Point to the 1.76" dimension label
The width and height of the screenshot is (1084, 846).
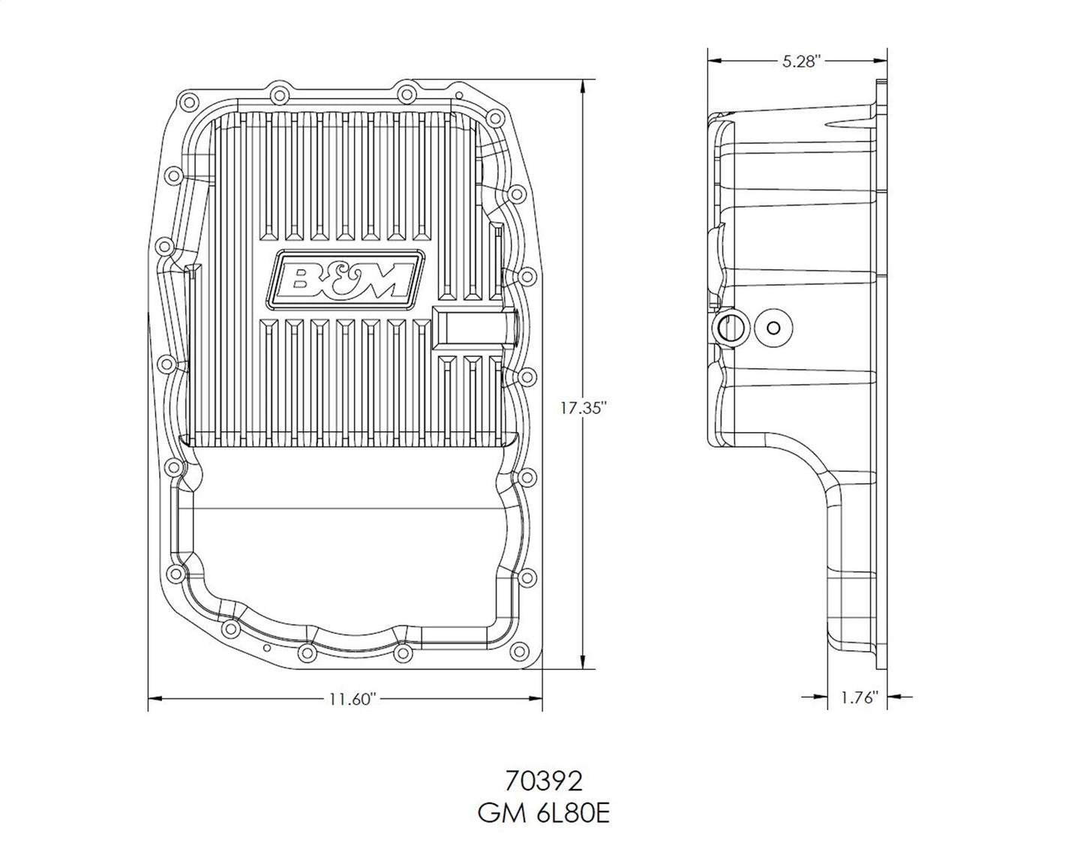(x=859, y=697)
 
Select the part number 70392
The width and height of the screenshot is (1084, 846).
(x=544, y=782)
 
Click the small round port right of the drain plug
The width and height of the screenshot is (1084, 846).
(x=774, y=327)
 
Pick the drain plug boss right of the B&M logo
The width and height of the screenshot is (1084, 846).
(x=474, y=328)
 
